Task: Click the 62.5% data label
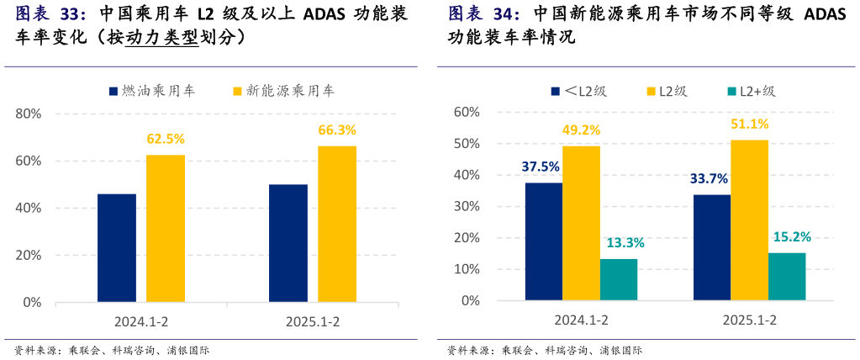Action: point(166,139)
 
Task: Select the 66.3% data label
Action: point(337,130)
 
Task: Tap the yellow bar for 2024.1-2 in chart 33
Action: point(166,227)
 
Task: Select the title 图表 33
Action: point(50,14)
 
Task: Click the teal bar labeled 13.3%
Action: point(619,278)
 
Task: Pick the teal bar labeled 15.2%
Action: point(788,276)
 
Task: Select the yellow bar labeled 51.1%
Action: point(750,219)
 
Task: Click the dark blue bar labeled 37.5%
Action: point(543,241)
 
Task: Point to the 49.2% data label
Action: point(582,130)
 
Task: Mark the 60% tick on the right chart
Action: point(467,112)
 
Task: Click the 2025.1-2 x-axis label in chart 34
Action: point(750,320)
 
